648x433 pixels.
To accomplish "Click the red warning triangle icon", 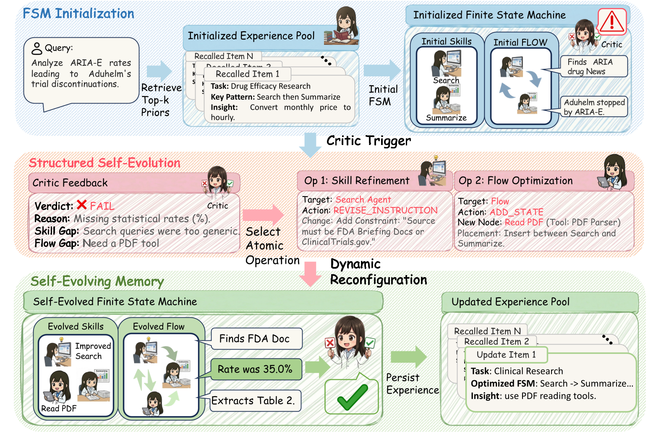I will pyautogui.click(x=611, y=21).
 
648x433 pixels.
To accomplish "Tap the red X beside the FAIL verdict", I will pyautogui.click(x=82, y=205).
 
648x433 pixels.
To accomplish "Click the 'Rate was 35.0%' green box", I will pyautogui.click(x=255, y=369).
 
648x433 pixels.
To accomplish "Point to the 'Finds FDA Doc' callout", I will pyautogui.click(x=256, y=339).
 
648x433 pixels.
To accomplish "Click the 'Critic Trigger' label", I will pyautogui.click(x=368, y=141).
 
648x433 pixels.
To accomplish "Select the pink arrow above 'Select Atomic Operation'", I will pyautogui.click(x=263, y=215).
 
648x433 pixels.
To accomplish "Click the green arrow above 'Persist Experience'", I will pyautogui.click(x=408, y=357).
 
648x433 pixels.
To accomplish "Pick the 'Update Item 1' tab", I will pyautogui.click(x=506, y=355).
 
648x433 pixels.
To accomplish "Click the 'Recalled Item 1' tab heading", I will pyautogui.click(x=247, y=74).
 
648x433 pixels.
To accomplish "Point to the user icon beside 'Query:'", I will pyautogui.click(x=37, y=49).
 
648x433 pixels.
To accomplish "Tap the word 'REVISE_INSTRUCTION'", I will pyautogui.click(x=385, y=210).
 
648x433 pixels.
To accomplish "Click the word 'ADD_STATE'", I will pyautogui.click(x=516, y=212).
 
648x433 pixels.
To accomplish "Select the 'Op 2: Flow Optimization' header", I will pyautogui.click(x=515, y=181).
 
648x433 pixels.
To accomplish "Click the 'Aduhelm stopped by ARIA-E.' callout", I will pyautogui.click(x=594, y=107).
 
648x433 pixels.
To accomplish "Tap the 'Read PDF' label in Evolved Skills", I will pyautogui.click(x=59, y=408).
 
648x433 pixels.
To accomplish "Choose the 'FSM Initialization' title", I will pyautogui.click(x=78, y=13).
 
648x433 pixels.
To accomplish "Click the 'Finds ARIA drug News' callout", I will pyautogui.click(x=593, y=67).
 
